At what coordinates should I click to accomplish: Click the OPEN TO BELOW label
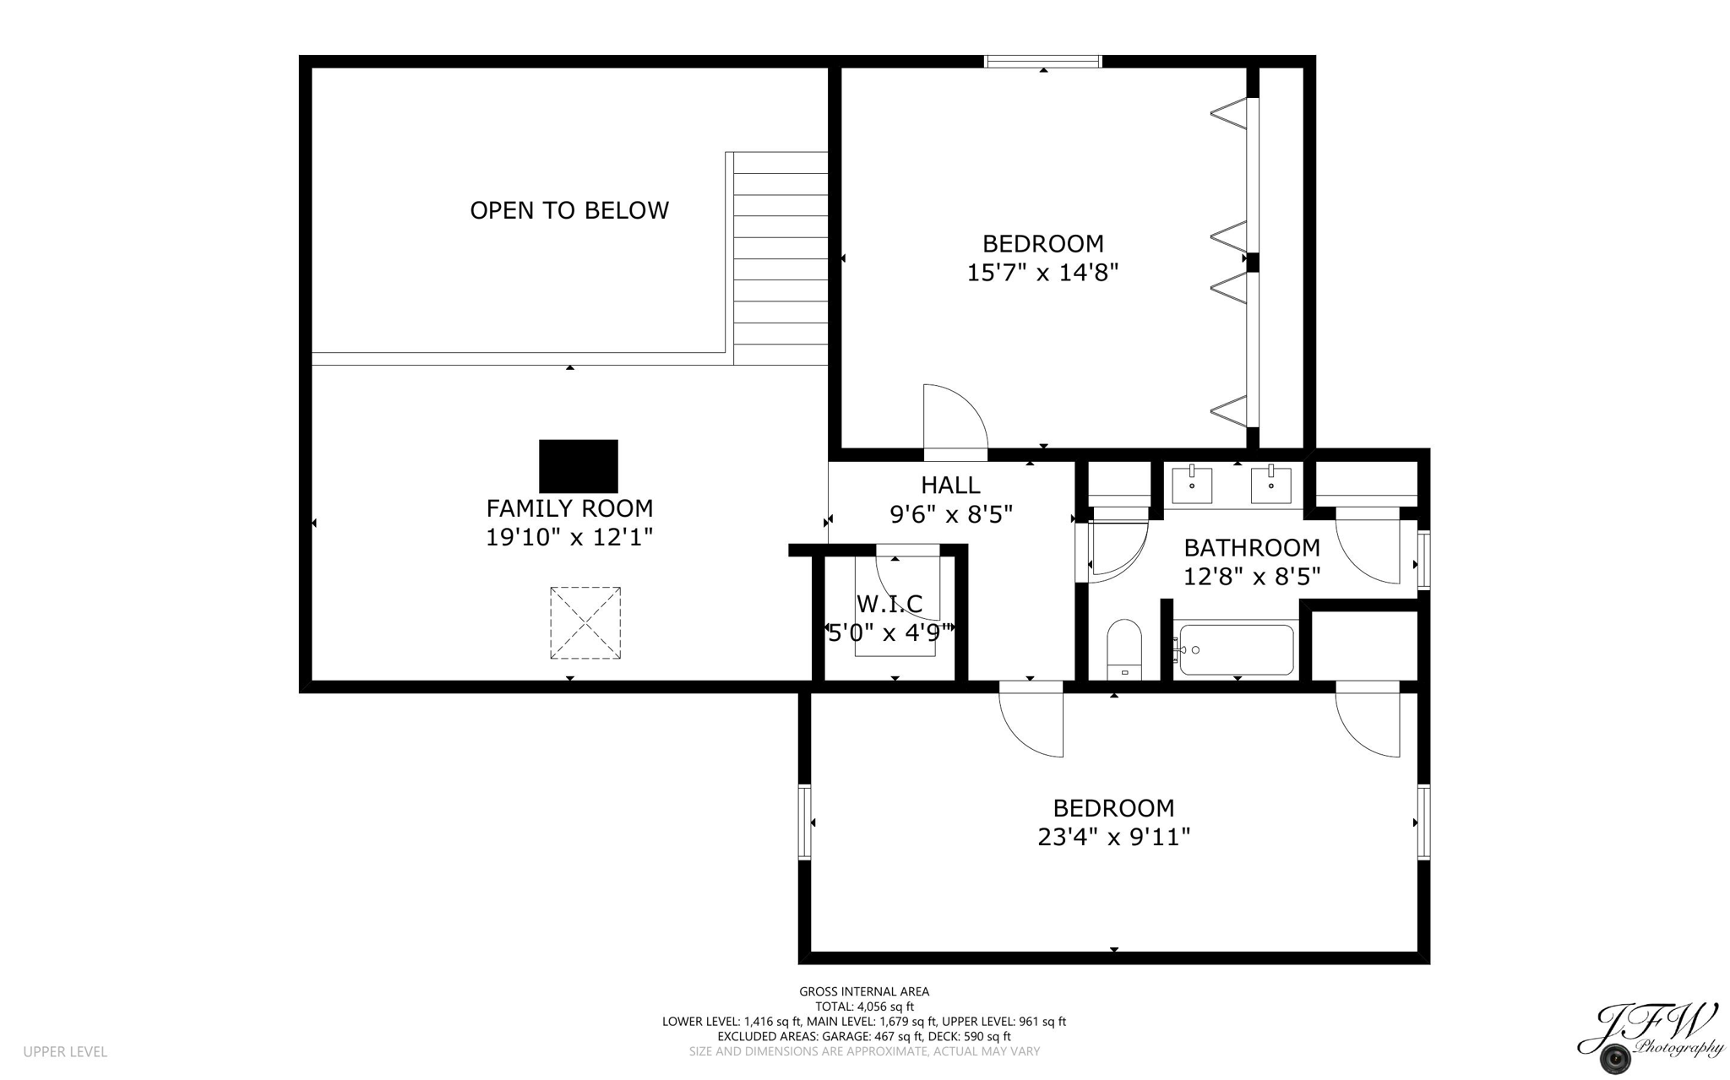[569, 210]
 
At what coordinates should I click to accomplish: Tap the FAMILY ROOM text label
[569, 508]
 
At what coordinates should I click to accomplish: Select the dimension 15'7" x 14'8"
[1042, 273]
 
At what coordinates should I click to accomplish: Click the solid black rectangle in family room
[578, 466]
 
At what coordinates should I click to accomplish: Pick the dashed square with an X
[585, 623]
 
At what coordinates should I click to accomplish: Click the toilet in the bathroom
[1123, 649]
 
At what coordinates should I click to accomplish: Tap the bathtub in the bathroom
[1236, 649]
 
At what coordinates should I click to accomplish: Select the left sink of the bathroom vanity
[1192, 486]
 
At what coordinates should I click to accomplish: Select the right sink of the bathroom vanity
[1270, 485]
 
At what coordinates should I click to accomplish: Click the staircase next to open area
[780, 258]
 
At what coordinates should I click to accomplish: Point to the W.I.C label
[889, 604]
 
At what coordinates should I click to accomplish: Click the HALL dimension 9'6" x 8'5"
[950, 514]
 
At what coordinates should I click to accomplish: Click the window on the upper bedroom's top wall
[1043, 62]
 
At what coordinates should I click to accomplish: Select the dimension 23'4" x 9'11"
[1113, 837]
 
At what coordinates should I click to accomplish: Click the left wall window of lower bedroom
[804, 822]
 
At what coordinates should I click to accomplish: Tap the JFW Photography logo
[1647, 1038]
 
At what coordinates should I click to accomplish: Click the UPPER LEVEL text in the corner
[65, 1051]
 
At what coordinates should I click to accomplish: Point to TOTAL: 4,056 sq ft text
[863, 1007]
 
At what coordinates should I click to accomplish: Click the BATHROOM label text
[1251, 548]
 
